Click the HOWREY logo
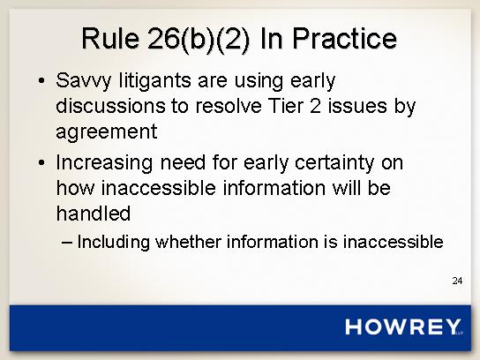point(403,326)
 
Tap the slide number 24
point(457,281)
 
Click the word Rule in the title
point(110,38)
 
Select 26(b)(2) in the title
point(199,40)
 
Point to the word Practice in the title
point(345,38)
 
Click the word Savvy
point(83,81)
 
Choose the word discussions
point(110,106)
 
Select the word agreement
point(107,132)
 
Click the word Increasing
point(104,163)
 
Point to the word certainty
point(334,163)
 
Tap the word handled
point(94,213)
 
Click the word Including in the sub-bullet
point(114,243)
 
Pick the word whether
point(188,242)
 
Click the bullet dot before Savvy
point(41,81)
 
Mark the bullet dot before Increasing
point(41,162)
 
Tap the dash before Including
point(67,243)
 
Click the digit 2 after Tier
point(315,106)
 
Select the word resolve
point(229,106)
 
